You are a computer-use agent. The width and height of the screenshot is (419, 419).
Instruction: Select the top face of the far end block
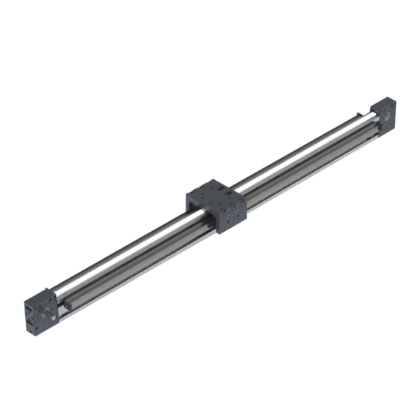coord(380,103)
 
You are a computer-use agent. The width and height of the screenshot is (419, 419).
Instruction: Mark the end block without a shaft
coord(382,116)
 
